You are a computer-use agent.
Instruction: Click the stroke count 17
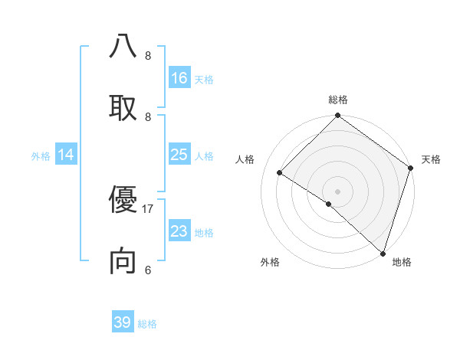148,208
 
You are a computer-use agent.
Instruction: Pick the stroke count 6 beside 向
148,270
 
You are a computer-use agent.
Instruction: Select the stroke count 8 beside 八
148,55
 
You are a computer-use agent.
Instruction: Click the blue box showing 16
179,78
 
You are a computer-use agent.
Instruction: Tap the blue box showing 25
179,155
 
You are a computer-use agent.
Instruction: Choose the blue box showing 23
179,231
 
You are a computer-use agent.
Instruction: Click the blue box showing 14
66,155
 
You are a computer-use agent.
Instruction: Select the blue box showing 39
123,322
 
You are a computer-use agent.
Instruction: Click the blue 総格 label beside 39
147,324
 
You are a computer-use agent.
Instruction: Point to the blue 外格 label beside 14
41,156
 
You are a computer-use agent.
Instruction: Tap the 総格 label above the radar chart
338,100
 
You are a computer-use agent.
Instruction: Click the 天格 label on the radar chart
431,159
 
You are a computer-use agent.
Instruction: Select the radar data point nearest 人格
280,172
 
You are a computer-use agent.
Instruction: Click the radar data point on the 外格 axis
328,204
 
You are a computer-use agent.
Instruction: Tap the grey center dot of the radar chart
338,191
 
